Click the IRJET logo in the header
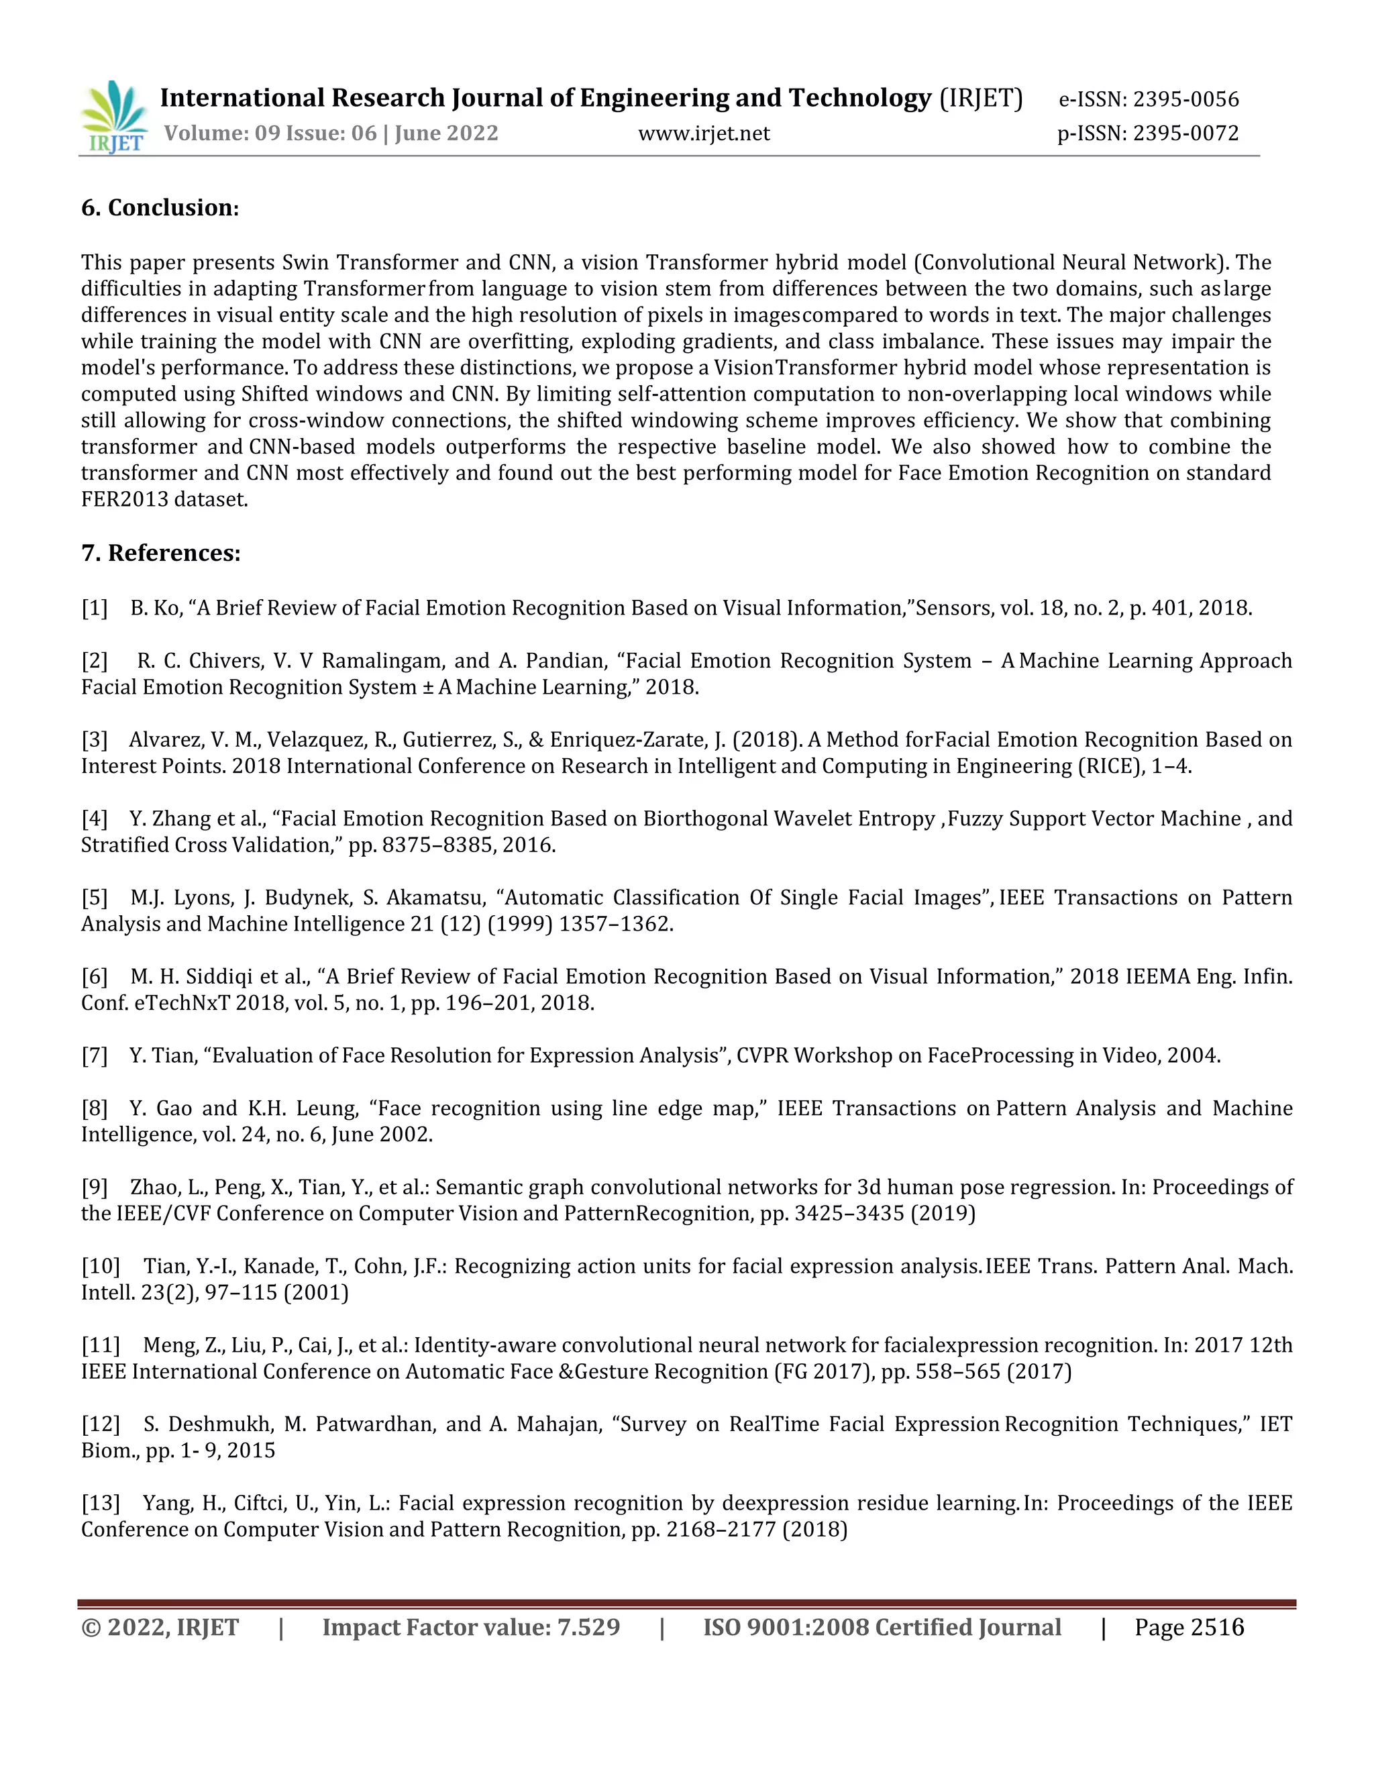(114, 117)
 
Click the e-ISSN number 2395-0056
(1186, 99)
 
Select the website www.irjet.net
(703, 133)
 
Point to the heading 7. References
(160, 553)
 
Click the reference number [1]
(95, 608)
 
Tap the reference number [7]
(95, 1056)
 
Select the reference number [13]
(100, 1503)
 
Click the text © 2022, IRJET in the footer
(160, 1628)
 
